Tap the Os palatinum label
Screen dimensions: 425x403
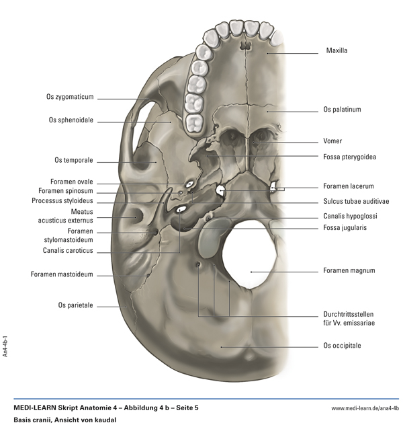[342, 109]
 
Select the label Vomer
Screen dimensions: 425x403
[332, 141]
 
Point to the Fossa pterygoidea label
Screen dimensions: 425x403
[349, 157]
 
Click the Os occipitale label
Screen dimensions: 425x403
[342, 346]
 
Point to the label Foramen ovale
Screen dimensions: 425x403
[71, 182]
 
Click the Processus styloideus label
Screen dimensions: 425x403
[62, 200]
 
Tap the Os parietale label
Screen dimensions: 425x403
[75, 305]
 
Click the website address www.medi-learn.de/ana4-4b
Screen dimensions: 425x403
[365, 408]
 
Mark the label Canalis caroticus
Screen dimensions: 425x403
[67, 252]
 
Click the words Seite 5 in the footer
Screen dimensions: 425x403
[183, 408]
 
